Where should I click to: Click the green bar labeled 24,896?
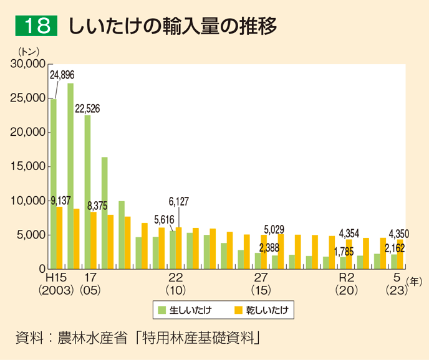click(54, 184)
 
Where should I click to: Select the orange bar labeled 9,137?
click(60, 237)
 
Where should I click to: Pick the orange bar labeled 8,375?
click(94, 240)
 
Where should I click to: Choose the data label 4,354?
click(349, 234)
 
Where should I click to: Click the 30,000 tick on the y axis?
click(29, 64)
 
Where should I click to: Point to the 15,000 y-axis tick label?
click(29, 166)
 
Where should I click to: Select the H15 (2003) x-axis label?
click(56, 283)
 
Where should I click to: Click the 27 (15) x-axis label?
click(260, 283)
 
